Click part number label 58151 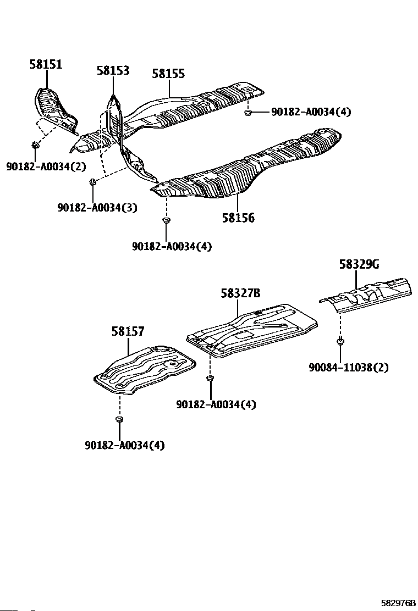click(x=46, y=65)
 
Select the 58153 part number click(x=113, y=70)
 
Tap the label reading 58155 click(x=168, y=74)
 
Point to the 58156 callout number click(x=238, y=218)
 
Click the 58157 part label click(x=128, y=331)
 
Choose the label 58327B click(x=240, y=293)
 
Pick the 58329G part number click(x=359, y=265)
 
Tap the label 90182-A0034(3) click(x=97, y=207)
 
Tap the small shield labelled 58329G click(x=366, y=294)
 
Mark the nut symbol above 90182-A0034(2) click(x=35, y=145)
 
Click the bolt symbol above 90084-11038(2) click(x=340, y=342)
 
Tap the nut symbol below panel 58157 click(x=119, y=420)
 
